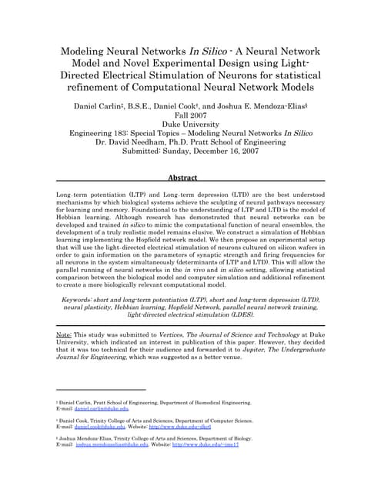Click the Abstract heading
coord(190,177)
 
